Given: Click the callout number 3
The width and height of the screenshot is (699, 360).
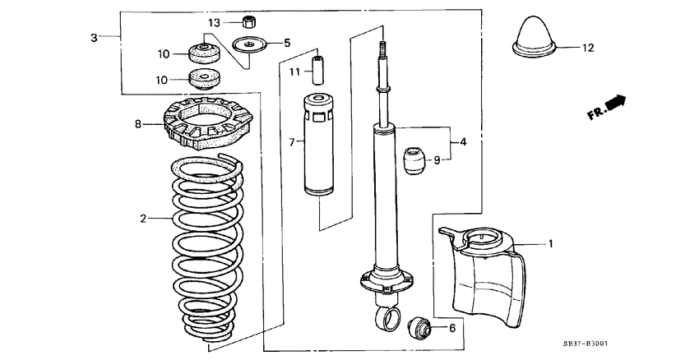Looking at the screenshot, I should [94, 38].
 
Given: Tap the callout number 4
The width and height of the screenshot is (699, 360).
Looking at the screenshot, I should [464, 142].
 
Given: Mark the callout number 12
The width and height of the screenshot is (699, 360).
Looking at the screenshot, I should [587, 48].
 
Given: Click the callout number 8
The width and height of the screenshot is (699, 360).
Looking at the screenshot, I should [139, 125].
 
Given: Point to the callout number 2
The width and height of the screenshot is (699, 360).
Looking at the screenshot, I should [142, 219].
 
